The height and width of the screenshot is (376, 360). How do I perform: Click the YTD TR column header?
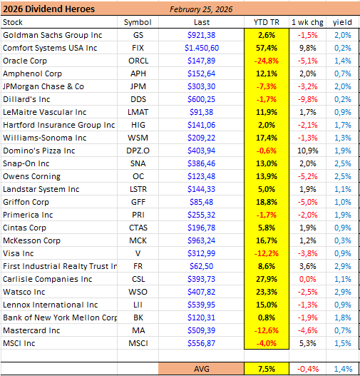[x=266, y=22]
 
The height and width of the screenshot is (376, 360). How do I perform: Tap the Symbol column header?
[x=138, y=22]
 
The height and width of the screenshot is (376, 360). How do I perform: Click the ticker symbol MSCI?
[x=138, y=343]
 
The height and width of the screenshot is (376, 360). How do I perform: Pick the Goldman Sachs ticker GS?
[x=138, y=35]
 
